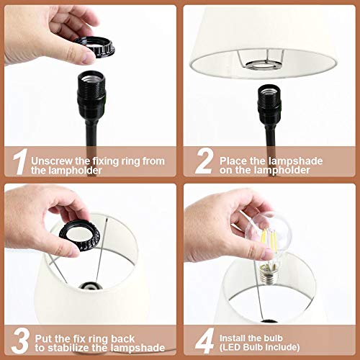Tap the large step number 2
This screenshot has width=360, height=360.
pyautogui.click(x=204, y=163)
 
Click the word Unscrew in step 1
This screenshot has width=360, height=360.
pyautogui.click(x=51, y=158)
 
